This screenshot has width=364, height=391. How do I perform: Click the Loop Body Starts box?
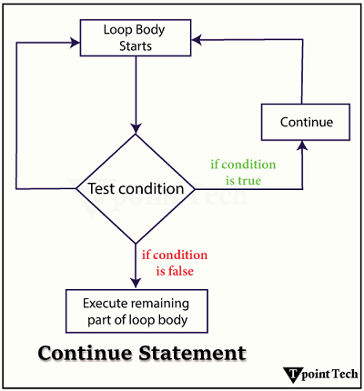136,37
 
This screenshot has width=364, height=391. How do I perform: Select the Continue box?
306,122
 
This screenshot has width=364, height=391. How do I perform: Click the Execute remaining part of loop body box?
136,310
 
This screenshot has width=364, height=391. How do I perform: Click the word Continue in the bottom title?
83,351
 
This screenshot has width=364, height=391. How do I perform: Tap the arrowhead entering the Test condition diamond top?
136,128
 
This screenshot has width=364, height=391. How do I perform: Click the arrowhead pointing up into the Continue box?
303,146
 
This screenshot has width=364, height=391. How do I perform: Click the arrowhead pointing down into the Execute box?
136,283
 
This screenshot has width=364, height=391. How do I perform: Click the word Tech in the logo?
345,374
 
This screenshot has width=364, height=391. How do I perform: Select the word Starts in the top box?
136,45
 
